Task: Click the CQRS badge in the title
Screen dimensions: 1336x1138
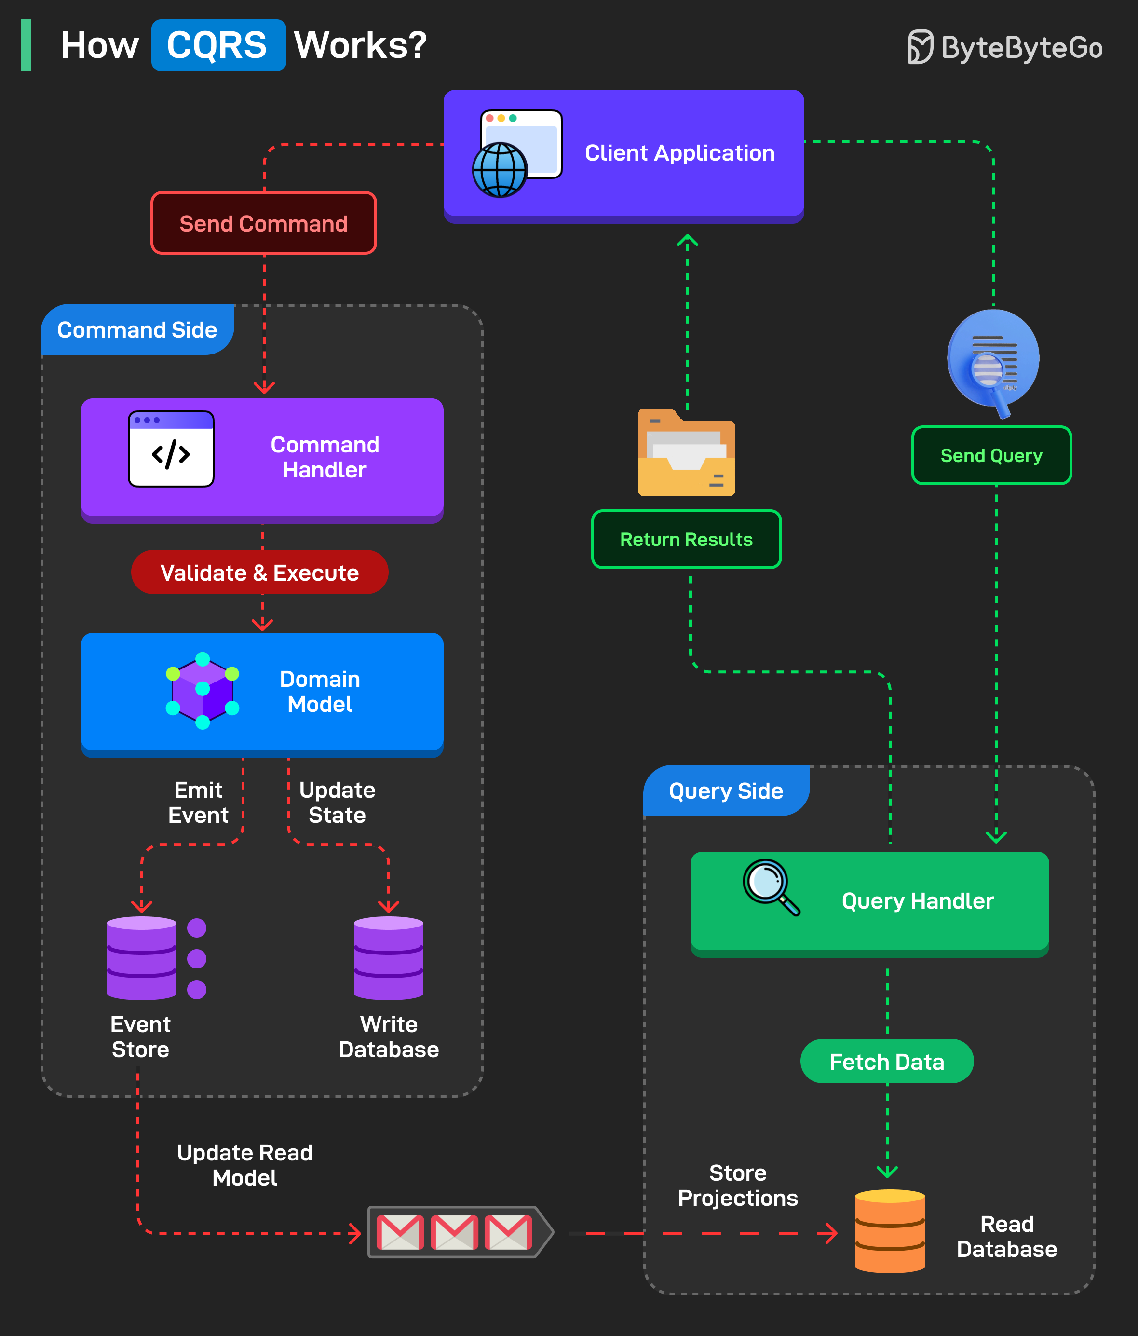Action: point(218,45)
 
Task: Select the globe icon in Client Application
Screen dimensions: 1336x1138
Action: point(500,170)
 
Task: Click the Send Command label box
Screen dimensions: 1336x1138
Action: point(263,223)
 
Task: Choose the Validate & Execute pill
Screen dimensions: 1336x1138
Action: point(259,573)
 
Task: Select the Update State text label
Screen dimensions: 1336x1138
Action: point(337,803)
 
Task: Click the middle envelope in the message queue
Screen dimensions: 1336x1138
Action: point(455,1232)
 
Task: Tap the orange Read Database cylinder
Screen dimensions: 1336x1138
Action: point(890,1231)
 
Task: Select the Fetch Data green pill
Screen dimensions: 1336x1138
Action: point(887,1061)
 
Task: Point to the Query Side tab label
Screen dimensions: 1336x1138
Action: point(726,791)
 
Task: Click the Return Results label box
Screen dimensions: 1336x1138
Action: point(686,540)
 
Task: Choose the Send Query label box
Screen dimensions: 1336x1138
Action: point(991,455)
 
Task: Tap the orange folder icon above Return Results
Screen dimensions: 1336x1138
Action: point(686,454)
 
